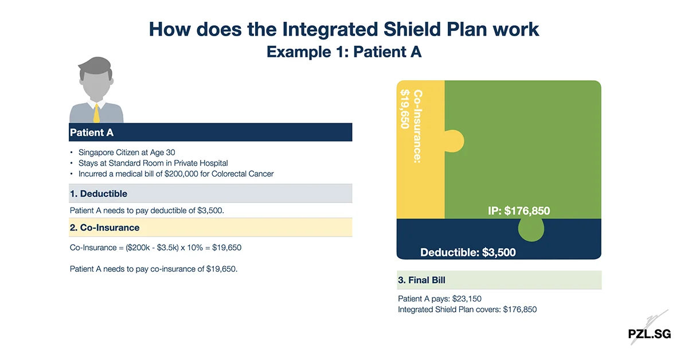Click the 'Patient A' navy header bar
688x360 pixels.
[210, 132]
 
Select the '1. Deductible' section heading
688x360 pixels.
[98, 194]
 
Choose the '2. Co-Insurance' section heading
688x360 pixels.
[104, 228]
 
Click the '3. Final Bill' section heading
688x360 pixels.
[421, 280]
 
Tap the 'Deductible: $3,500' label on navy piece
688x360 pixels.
[468, 252]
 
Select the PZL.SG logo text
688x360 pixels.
[648, 334]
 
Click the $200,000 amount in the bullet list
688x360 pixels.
[181, 174]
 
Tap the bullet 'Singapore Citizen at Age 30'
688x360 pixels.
[127, 153]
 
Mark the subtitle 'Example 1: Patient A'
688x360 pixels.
[344, 52]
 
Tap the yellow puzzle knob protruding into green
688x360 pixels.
[455, 141]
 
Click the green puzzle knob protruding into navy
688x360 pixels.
[533, 229]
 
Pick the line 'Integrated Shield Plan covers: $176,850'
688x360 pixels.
[467, 310]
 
